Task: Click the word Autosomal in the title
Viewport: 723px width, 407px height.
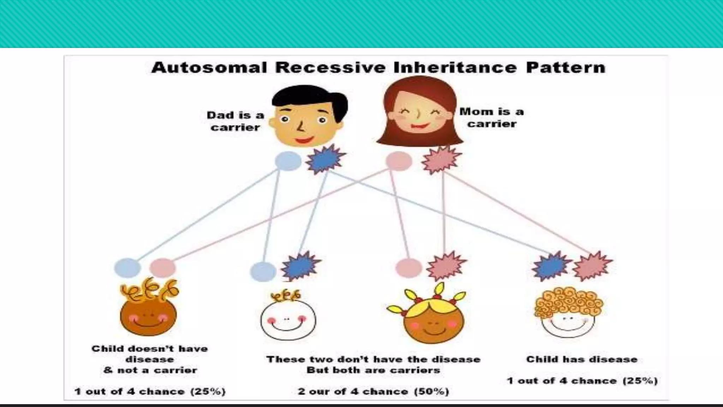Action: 209,67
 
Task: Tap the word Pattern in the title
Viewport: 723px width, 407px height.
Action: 566,67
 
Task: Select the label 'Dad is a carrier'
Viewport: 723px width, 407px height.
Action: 235,121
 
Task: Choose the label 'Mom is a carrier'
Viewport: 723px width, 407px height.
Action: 491,117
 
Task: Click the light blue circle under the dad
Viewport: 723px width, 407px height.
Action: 288,161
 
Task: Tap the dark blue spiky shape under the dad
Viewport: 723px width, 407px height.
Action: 325,160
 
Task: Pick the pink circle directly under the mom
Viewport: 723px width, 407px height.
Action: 399,161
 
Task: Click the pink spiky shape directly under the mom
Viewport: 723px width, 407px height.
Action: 441,160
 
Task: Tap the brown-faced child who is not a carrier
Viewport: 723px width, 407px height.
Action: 148,316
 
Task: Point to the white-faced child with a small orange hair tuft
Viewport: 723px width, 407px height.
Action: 288,320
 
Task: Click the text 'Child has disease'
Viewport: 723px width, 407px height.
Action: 582,359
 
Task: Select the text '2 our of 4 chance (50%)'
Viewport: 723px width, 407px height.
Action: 374,391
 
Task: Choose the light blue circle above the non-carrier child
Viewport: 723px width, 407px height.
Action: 127,267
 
